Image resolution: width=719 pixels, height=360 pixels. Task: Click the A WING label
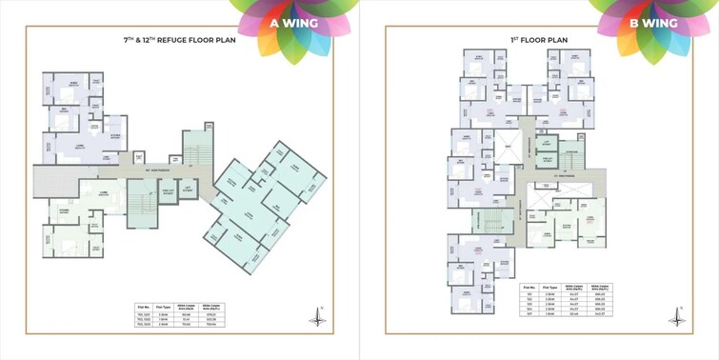coord(288,23)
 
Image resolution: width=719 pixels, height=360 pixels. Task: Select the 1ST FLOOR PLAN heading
coord(539,40)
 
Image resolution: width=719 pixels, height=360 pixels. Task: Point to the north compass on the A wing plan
coord(318,317)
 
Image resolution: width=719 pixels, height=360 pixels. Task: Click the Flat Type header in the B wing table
coord(550,287)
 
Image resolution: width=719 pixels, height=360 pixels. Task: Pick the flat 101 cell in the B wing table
coord(529,295)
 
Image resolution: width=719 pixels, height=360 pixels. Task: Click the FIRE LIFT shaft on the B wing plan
coord(548,163)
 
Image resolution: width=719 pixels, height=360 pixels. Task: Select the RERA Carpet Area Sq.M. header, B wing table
coord(573,287)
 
